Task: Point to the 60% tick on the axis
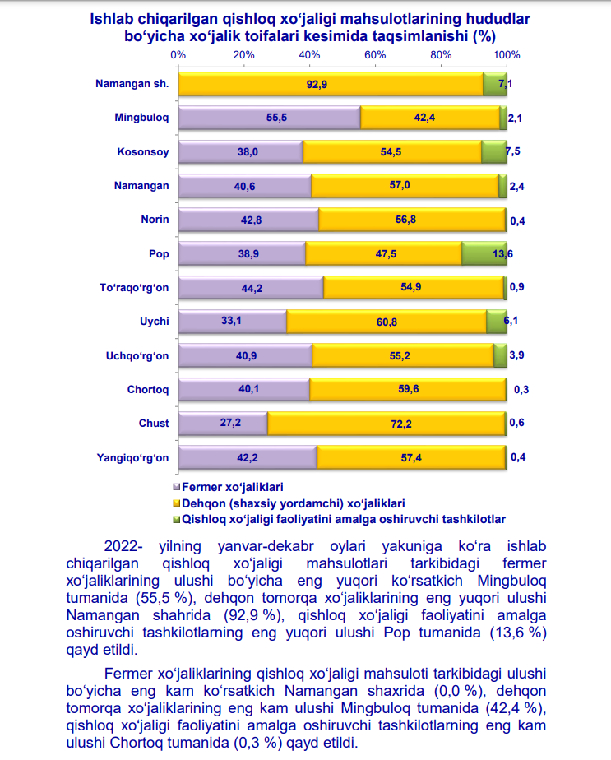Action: pyautogui.click(x=376, y=55)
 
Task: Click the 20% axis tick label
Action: pyautogui.click(x=243, y=55)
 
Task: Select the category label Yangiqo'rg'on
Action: pyautogui.click(x=132, y=457)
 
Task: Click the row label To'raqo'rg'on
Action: pyautogui.click(x=133, y=288)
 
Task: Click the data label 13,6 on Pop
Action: pyautogui.click(x=503, y=254)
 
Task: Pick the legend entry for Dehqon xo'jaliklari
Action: pyautogui.click(x=293, y=503)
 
